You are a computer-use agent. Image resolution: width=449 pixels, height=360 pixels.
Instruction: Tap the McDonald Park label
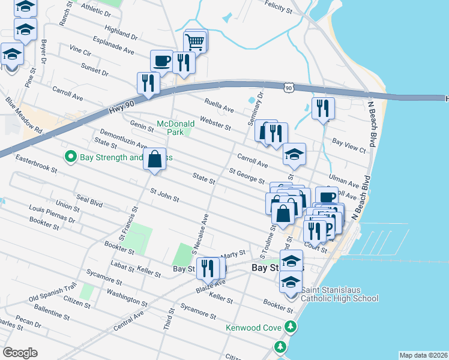[x=175, y=127]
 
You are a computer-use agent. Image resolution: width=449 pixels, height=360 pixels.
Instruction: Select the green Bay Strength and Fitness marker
[x=70, y=157]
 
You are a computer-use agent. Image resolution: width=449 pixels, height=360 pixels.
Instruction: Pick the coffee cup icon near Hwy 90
[x=161, y=60]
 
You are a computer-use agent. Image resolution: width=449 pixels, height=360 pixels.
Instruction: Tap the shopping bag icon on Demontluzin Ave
[x=154, y=159]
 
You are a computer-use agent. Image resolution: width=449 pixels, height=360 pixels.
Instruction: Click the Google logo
[x=20, y=353]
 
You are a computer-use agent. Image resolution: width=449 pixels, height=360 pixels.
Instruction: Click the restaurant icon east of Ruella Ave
[x=323, y=108]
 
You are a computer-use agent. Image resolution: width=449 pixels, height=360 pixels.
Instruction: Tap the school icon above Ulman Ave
[x=295, y=154]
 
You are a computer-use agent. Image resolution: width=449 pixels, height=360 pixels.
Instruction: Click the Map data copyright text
[x=423, y=355]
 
